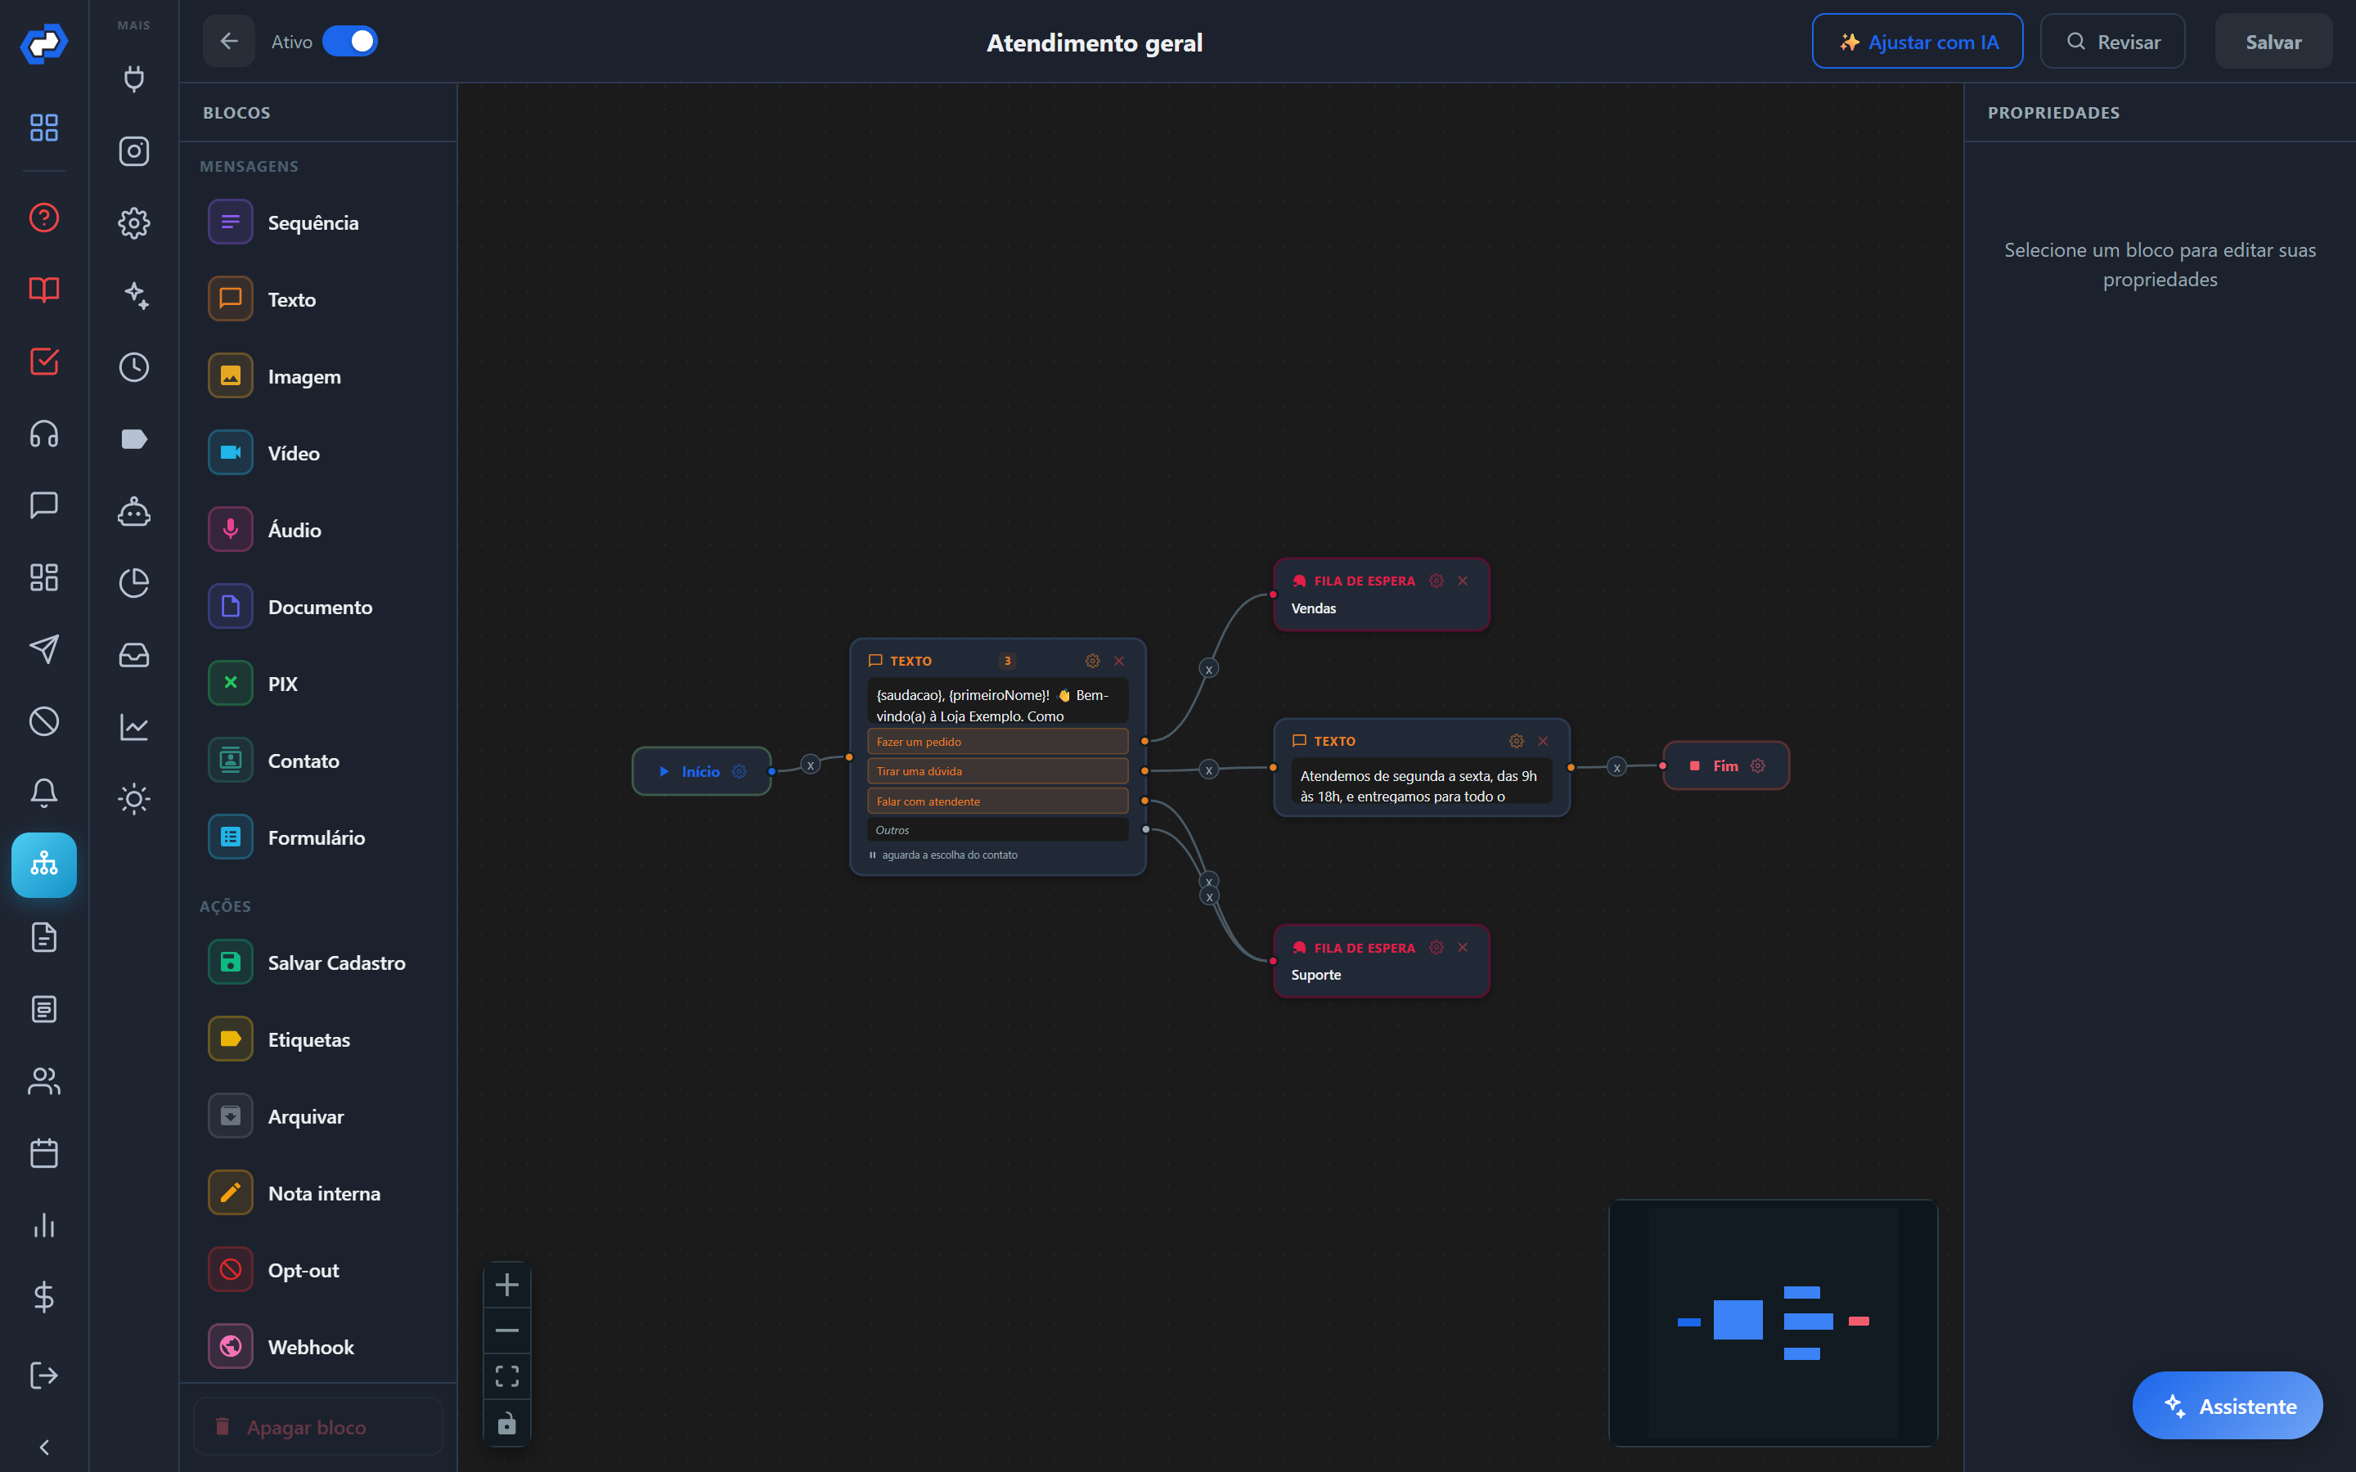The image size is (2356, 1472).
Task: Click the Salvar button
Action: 2273,42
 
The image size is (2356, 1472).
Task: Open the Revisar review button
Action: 2111,42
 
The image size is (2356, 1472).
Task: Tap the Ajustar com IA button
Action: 1917,42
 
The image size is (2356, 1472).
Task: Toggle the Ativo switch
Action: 349,41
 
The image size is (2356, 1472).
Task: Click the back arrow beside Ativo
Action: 229,41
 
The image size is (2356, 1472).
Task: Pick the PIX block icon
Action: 231,684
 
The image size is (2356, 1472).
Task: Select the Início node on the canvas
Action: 701,771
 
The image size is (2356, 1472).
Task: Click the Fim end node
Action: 1725,765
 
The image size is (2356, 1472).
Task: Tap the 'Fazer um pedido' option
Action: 997,742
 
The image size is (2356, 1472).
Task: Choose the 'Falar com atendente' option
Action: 997,801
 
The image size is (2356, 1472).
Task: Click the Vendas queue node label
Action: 1313,608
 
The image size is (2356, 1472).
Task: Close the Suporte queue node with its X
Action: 1463,947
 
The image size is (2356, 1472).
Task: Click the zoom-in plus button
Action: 507,1285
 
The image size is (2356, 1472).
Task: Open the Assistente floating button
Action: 2228,1405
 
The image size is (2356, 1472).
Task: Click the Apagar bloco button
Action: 317,1426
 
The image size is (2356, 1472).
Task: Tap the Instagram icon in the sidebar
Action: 134,151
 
